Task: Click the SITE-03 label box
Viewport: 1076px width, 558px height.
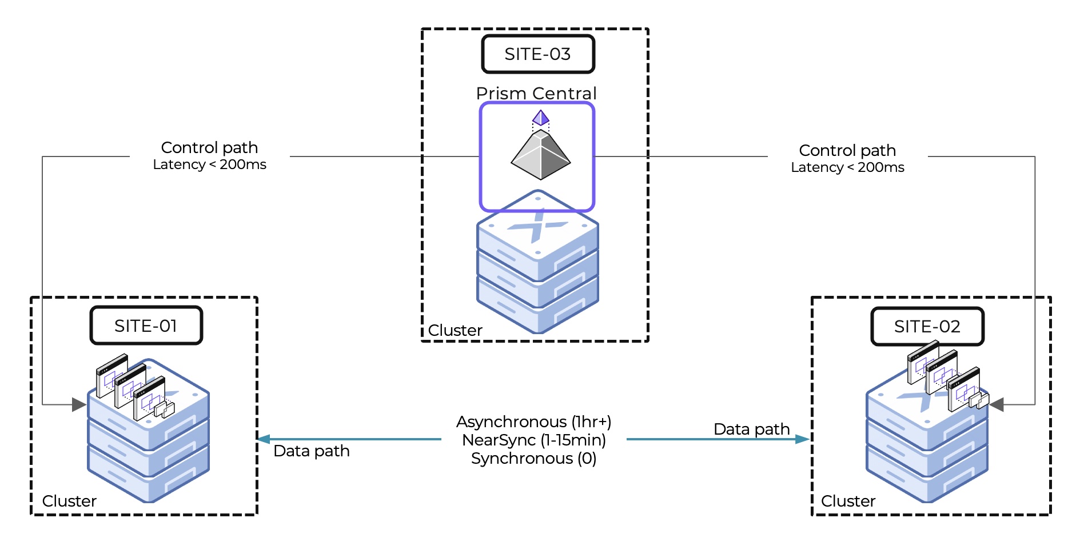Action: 538,54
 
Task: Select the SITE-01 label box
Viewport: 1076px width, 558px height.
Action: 146,326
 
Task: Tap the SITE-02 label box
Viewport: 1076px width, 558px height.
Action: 927,327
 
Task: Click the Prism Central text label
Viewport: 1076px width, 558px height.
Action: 536,93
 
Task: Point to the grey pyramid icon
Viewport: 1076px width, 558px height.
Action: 540,155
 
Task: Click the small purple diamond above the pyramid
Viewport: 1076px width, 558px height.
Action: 541,118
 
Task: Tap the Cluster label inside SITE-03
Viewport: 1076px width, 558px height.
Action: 455,330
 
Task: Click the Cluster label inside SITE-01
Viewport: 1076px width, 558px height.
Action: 69,501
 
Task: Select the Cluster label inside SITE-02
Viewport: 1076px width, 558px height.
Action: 848,501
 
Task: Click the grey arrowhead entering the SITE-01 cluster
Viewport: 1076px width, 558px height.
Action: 79,405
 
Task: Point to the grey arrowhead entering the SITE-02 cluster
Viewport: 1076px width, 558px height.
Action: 997,405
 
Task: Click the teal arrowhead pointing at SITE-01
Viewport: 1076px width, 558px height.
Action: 264,439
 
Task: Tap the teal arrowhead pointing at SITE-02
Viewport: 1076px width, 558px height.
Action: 803,439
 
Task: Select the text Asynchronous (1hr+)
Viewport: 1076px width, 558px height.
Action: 533,421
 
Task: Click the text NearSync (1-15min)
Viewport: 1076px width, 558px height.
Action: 533,440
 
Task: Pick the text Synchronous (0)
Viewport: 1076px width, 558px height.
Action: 533,458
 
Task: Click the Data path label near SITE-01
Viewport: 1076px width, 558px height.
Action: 312,451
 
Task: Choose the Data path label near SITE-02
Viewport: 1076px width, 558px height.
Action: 751,429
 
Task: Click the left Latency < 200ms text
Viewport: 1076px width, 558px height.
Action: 209,164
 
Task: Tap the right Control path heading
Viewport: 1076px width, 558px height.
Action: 847,150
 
